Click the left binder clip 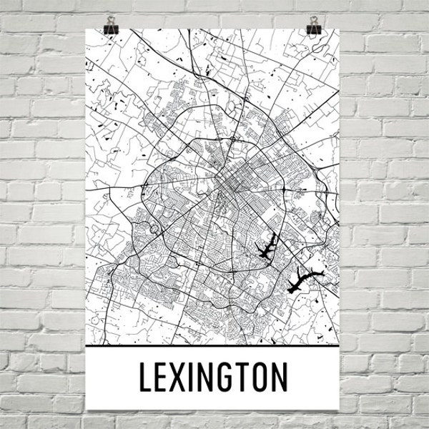click(111, 29)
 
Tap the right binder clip click(315, 29)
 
